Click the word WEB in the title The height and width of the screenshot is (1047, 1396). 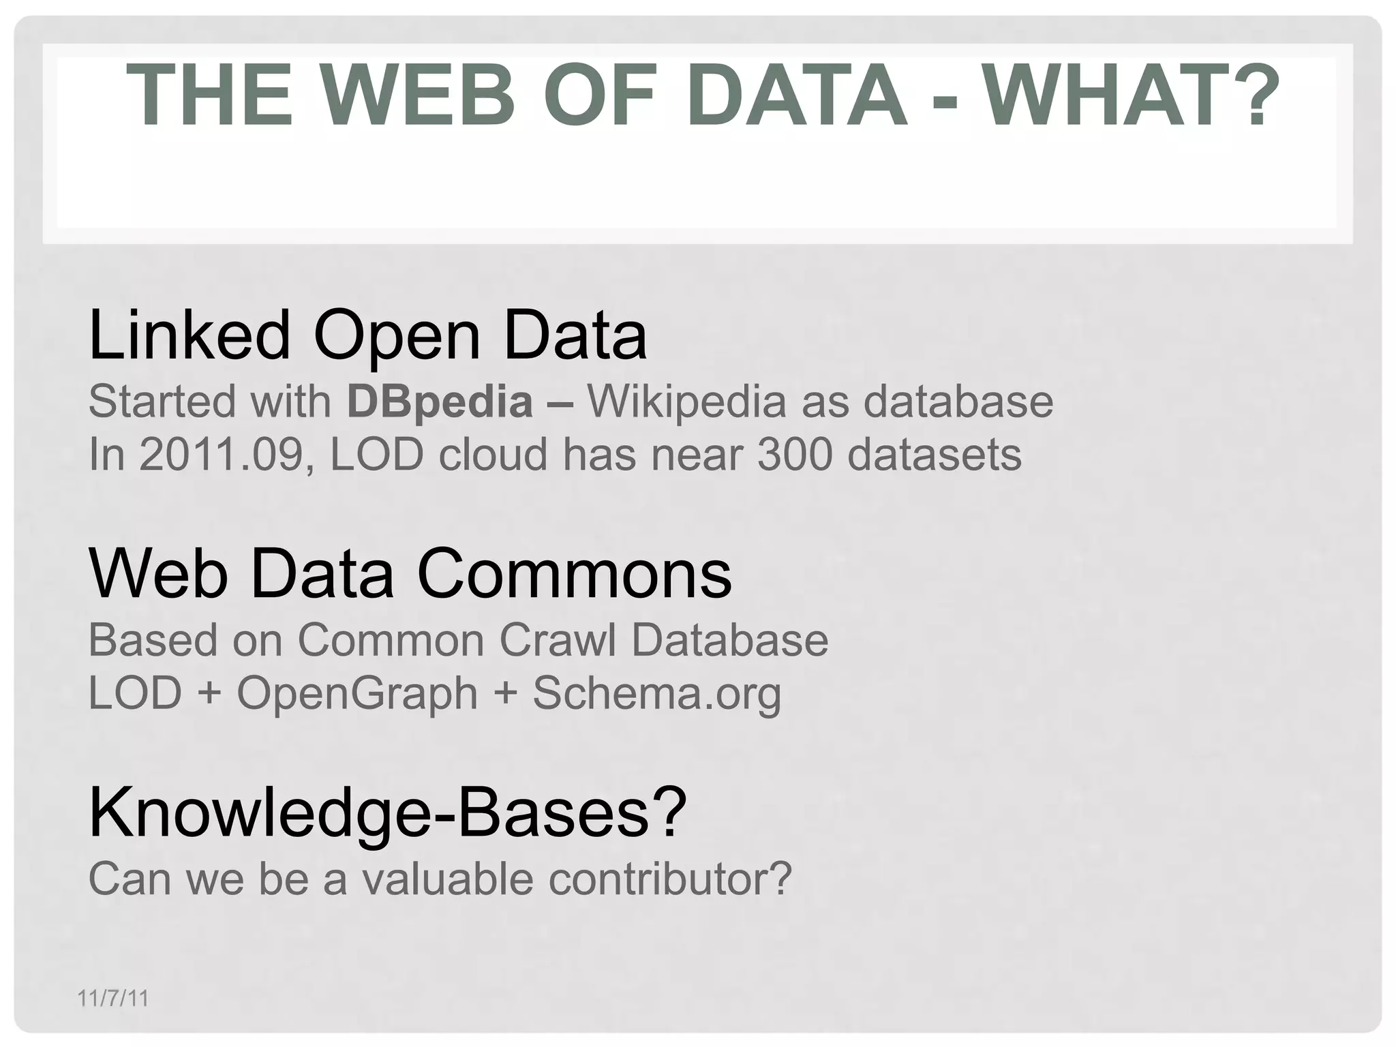[x=418, y=95]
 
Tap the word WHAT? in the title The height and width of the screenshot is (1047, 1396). [x=1131, y=95]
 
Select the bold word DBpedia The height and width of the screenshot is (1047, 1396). [x=440, y=401]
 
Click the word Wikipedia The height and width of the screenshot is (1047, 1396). [x=687, y=401]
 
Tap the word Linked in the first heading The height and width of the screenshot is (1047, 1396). [x=189, y=335]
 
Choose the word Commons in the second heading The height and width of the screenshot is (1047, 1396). [x=574, y=574]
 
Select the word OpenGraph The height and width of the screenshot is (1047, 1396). [x=357, y=693]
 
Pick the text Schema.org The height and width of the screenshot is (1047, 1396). [x=656, y=693]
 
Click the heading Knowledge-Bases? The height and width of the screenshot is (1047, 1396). [x=387, y=813]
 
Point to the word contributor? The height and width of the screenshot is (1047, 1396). [x=670, y=879]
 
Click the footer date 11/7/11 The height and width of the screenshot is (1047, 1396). [x=113, y=999]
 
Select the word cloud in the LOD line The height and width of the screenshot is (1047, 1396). [x=493, y=454]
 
